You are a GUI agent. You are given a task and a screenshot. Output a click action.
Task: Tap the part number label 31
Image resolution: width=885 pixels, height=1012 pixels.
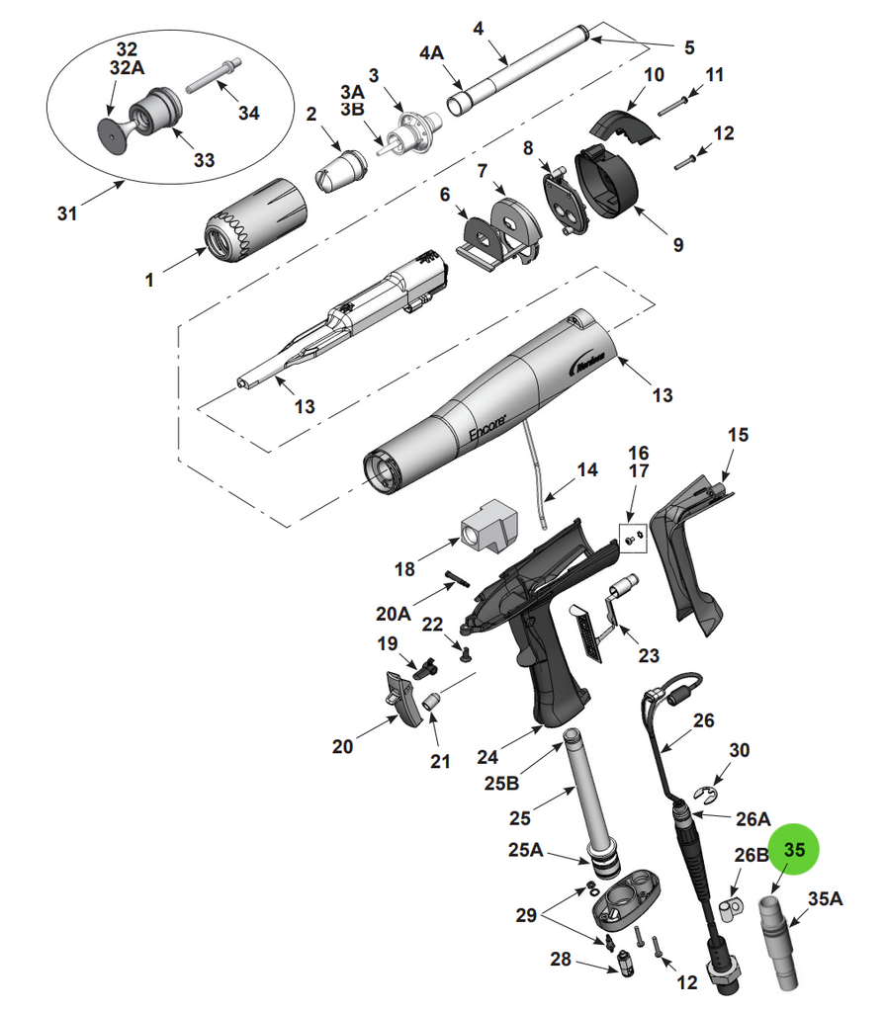pyautogui.click(x=67, y=212)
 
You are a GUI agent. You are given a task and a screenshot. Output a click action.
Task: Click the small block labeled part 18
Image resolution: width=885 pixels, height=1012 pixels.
pyautogui.click(x=489, y=525)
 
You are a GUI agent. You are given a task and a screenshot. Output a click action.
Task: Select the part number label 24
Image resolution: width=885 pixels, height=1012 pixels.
pyautogui.click(x=486, y=758)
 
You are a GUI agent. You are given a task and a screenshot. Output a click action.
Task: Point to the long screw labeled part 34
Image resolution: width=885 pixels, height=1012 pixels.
pyautogui.click(x=209, y=74)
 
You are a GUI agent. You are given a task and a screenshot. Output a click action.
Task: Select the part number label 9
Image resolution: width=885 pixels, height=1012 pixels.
pyautogui.click(x=677, y=244)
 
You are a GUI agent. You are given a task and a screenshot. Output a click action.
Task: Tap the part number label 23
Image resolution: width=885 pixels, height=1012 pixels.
pyautogui.click(x=649, y=654)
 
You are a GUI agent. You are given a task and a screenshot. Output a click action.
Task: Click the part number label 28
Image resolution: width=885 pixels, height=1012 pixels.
pyautogui.click(x=561, y=960)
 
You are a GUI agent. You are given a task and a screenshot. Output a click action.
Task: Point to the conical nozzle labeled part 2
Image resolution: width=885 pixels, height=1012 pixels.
pyautogui.click(x=338, y=166)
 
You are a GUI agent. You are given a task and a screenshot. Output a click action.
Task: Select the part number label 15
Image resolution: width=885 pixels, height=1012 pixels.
pyautogui.click(x=738, y=434)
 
